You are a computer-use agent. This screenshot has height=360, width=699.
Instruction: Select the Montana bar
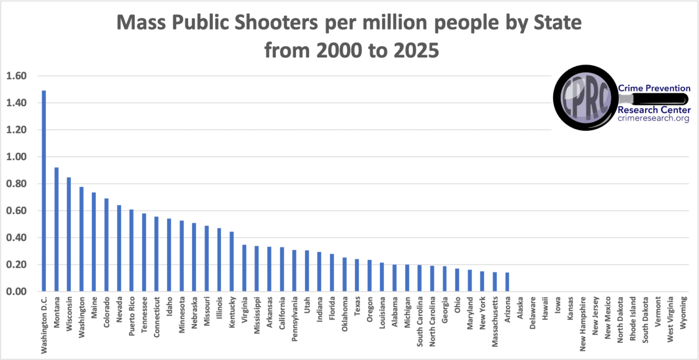tap(56, 230)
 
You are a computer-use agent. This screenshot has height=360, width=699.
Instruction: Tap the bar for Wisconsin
tap(69, 235)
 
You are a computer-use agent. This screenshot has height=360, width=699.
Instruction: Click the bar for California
tap(282, 269)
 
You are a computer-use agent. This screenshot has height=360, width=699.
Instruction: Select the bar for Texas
tap(357, 275)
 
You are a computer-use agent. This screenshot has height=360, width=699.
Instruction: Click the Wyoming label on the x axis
tap(683, 313)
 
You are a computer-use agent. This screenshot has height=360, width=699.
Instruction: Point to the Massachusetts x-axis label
tap(495, 325)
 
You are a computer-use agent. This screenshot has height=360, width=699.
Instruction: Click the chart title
tap(349, 36)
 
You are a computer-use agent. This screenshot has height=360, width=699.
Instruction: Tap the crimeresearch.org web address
tap(654, 119)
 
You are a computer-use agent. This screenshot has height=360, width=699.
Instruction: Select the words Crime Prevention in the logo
tap(654, 88)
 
